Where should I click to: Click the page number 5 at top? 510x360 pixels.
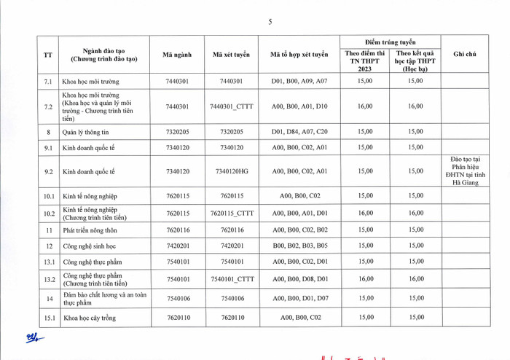pos(270,22)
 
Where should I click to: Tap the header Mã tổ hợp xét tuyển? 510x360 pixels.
pos(299,54)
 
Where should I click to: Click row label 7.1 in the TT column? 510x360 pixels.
pos(48,81)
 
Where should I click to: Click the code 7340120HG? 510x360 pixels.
pos(232,171)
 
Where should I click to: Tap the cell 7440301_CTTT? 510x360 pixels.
pos(232,106)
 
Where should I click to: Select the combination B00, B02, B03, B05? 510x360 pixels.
pos(300,246)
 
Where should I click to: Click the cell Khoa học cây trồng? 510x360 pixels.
pos(90,318)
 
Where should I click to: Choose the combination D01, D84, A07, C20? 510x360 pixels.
pos(300,132)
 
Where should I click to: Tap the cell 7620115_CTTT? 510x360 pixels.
pos(232,214)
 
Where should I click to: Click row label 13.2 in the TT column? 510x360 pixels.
pos(48,279)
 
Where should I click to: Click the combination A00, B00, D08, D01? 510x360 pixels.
pos(300,279)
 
